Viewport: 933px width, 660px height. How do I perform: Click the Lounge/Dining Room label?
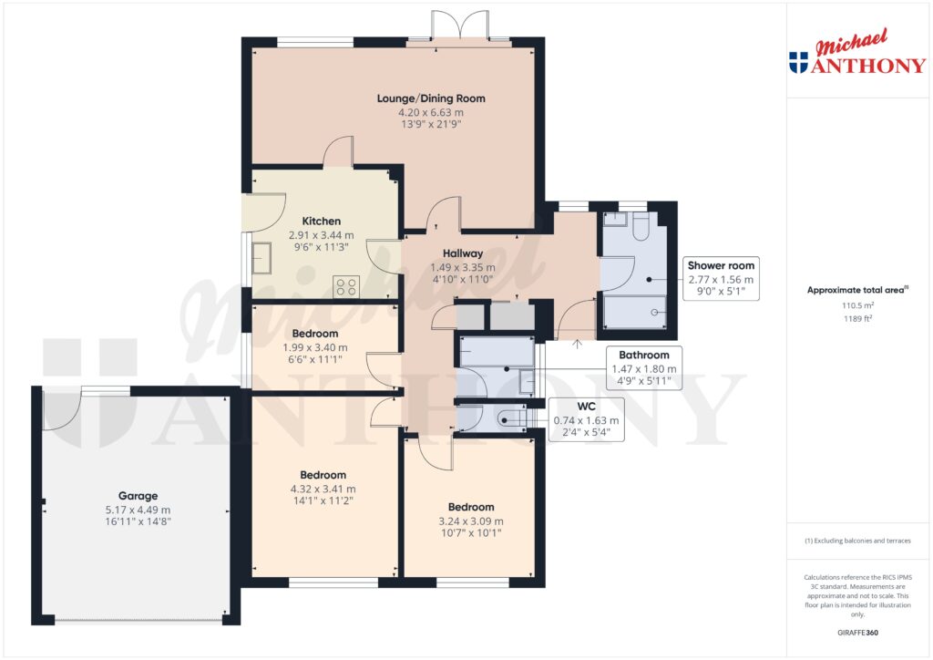[431, 98]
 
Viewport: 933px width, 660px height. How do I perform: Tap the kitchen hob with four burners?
[347, 286]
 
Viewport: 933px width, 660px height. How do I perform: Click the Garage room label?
[138, 496]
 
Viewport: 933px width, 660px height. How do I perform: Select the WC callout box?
[586, 420]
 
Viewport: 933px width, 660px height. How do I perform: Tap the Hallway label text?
[462, 253]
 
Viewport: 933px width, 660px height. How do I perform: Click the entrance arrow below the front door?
[576, 344]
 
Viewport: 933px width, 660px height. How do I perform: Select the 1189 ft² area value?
[856, 320]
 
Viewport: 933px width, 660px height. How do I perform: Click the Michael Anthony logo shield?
[798, 63]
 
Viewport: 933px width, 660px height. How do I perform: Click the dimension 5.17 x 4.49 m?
[138, 510]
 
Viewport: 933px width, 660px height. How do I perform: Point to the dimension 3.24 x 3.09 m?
[470, 521]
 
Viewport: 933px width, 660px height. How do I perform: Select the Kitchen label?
[322, 221]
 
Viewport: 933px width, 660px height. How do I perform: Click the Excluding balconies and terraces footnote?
[857, 541]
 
